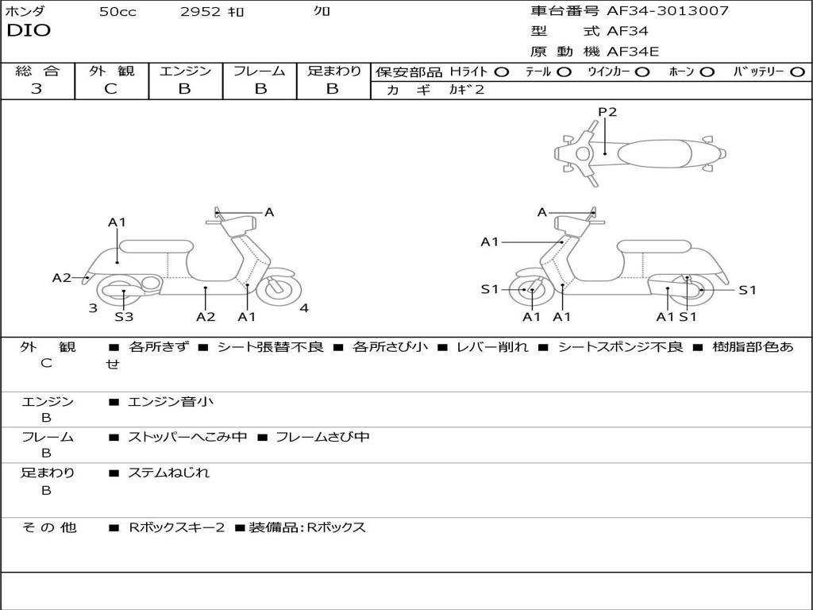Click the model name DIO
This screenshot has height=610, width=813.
coord(29,31)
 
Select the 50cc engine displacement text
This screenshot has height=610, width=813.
coord(118,12)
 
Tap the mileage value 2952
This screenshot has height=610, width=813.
coord(201,12)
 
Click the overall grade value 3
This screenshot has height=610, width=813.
coord(37,89)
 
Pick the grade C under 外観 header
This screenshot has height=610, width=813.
coord(111,89)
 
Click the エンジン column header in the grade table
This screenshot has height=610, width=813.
coord(185,71)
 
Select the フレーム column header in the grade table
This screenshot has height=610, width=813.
coord(259,71)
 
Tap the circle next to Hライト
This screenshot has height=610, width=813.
coord(502,72)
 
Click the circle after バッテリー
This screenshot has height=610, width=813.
coord(797,72)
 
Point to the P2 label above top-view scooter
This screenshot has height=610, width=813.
coord(607,112)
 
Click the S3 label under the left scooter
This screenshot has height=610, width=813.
coord(124,317)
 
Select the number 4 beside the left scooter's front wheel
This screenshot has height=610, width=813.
coord(304,309)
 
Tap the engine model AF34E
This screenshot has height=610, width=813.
coord(633,52)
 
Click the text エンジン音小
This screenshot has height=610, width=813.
coord(171,402)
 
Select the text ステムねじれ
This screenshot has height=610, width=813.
coord(169,473)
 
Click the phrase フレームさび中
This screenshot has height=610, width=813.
coord(322,437)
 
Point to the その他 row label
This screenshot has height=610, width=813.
coord(49,527)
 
